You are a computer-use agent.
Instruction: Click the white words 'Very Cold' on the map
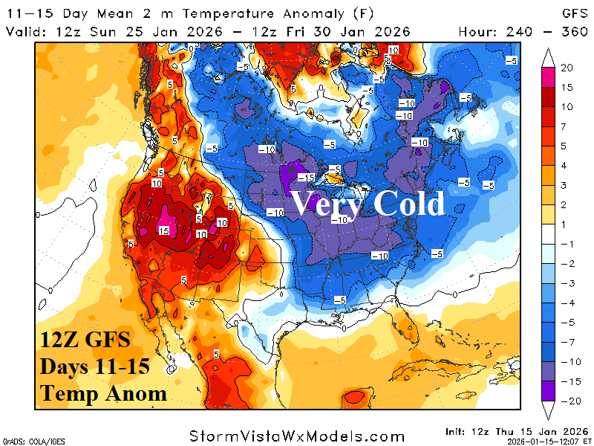click(368, 203)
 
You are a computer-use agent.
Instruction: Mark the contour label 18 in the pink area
click(164, 231)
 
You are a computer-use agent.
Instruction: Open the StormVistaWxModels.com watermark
click(297, 436)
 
